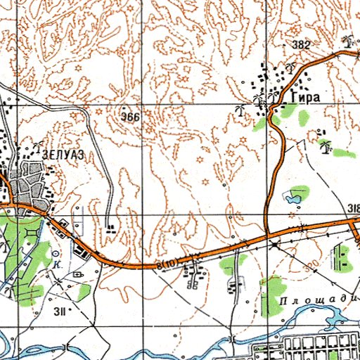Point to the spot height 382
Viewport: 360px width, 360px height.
point(301,45)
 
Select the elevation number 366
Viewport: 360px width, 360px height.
point(130,116)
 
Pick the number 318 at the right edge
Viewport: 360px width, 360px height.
point(354,208)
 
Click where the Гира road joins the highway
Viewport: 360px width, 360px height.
point(268,235)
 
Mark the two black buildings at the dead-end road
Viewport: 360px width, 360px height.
point(112,226)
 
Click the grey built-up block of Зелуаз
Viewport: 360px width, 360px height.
point(28,183)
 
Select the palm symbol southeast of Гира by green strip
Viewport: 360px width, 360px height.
point(326,146)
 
